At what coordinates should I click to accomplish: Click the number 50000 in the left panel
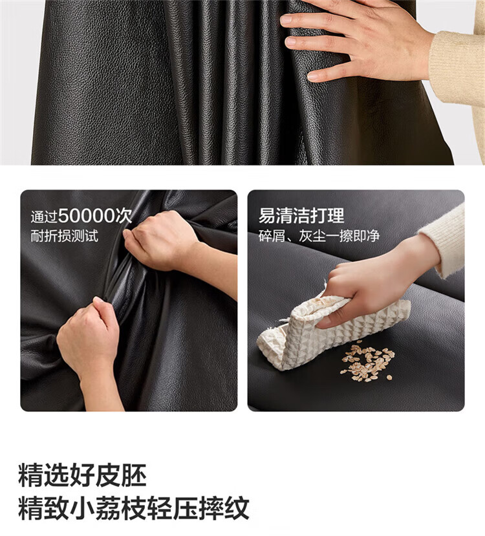[x=86, y=216]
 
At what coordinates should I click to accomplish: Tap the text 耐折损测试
[x=64, y=236]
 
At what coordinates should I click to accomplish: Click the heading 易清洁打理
[x=301, y=216]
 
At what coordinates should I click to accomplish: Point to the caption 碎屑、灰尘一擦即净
[x=319, y=236]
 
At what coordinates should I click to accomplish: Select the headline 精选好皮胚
[x=82, y=475]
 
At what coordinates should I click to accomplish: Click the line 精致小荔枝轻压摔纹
[x=134, y=508]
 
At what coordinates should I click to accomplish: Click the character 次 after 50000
[x=123, y=216]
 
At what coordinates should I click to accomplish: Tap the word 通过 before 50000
[x=44, y=217]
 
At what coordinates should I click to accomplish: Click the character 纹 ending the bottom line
[x=237, y=508]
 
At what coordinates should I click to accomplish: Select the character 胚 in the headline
[x=134, y=475]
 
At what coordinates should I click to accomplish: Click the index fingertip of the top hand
[x=286, y=19]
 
